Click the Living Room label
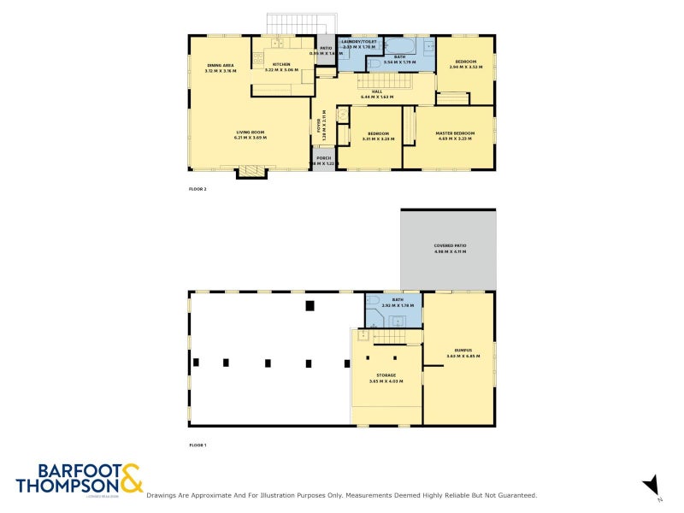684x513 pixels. tap(251, 135)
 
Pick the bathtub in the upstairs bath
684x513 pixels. tap(399, 45)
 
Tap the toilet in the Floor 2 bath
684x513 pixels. tap(374, 62)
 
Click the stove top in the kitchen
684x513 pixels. tap(257, 59)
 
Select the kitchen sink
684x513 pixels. tap(278, 42)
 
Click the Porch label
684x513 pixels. tap(323, 159)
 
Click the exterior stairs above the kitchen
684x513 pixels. tap(302, 24)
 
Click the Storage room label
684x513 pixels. tap(380, 376)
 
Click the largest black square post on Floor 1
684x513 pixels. tap(310, 305)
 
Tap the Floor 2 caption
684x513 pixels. tap(198, 189)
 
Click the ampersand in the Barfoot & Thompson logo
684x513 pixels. tap(131, 479)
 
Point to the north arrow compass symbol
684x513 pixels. tap(651, 485)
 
